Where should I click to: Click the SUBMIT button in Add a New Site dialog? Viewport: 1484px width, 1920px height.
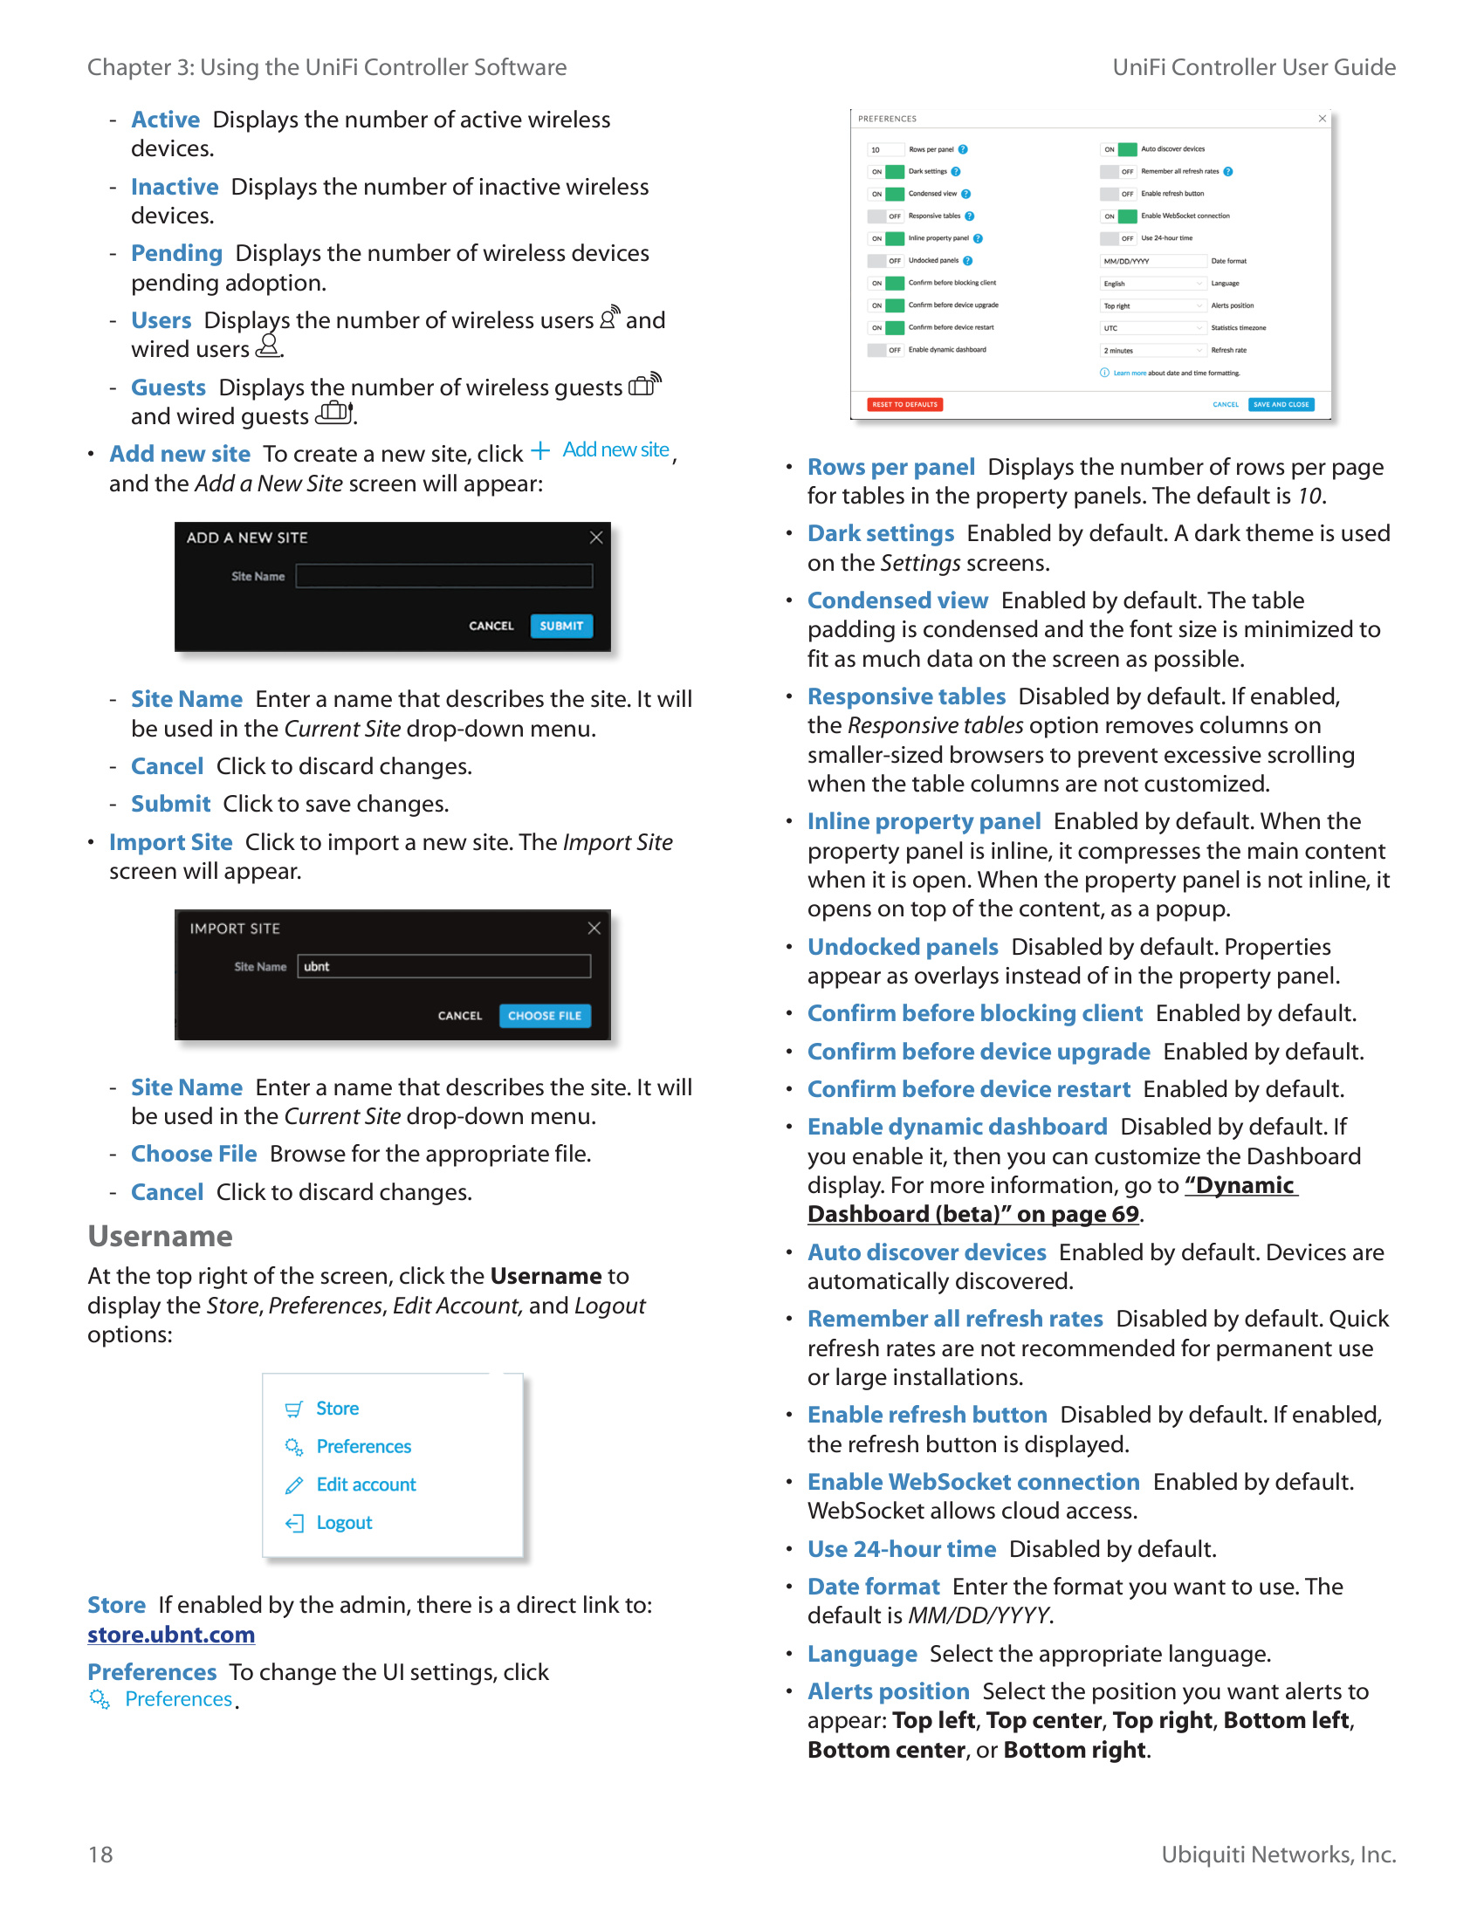(x=561, y=626)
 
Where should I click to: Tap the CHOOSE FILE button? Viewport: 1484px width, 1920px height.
(x=544, y=1015)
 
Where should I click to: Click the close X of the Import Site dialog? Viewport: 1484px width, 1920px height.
(x=594, y=929)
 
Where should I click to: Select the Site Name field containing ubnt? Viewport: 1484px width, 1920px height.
(x=444, y=966)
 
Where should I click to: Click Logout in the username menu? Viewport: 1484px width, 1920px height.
(x=344, y=1523)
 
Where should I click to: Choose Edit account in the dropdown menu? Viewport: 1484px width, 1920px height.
(x=366, y=1485)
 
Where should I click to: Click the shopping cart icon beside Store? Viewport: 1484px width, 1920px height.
(x=293, y=1409)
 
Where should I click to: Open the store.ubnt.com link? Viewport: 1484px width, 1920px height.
(x=171, y=1635)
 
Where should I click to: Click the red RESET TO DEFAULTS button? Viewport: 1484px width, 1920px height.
(x=904, y=404)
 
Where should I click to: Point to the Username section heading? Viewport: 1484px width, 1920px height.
(x=160, y=1236)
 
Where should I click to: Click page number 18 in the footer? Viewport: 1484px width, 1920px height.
(x=100, y=1854)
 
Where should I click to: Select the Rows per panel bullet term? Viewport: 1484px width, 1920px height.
(x=890, y=467)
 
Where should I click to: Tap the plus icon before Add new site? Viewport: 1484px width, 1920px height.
(x=539, y=451)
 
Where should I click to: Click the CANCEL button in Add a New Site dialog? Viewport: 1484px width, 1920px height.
(x=491, y=626)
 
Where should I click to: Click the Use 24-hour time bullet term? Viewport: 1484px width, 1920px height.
(x=901, y=1549)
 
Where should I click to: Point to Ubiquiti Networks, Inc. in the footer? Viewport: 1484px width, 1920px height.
(x=1278, y=1854)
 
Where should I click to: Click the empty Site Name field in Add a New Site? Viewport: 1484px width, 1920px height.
(x=444, y=576)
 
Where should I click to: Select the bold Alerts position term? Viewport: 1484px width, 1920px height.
(x=888, y=1691)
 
